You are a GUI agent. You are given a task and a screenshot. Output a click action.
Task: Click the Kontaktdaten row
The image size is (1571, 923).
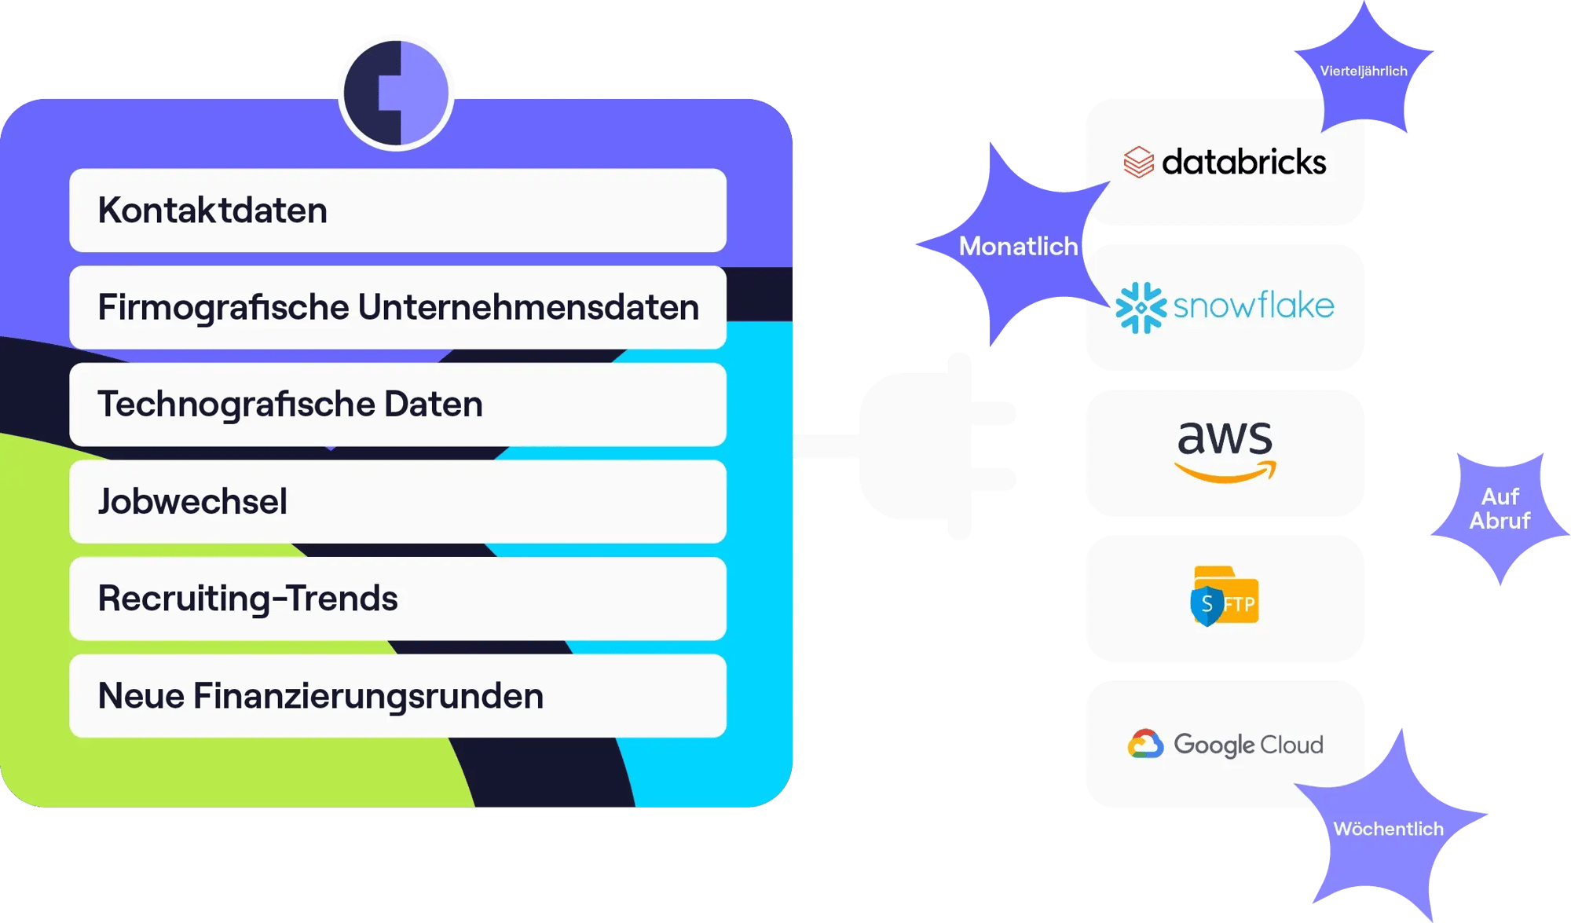point(397,211)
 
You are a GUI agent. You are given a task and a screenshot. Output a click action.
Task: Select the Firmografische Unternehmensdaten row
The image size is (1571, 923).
point(397,307)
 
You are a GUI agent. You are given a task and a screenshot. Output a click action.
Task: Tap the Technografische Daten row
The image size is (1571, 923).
point(397,405)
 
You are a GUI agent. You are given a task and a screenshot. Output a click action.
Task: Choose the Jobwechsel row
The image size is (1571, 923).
point(397,501)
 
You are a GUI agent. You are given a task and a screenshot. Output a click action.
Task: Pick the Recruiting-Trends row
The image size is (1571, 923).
point(397,599)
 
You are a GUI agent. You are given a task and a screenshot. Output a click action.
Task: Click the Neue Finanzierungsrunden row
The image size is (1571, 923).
point(397,696)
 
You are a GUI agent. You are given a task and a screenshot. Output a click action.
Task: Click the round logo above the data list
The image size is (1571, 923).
point(397,93)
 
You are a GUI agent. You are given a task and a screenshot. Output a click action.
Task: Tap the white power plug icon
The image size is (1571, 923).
point(935,446)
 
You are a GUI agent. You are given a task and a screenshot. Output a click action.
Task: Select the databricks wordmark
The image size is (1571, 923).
point(1243,163)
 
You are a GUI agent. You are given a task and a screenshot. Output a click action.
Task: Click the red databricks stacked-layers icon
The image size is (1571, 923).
point(1138,163)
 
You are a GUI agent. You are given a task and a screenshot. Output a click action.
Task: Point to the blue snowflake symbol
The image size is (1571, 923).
point(1141,307)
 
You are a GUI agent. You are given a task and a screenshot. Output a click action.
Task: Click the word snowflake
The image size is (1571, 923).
point(1254,306)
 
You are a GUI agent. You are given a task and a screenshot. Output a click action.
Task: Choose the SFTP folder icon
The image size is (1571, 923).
point(1225,596)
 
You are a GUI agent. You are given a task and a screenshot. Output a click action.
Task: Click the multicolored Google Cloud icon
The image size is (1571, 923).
point(1145,744)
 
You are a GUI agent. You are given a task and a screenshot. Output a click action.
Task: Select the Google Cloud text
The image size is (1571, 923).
point(1248,745)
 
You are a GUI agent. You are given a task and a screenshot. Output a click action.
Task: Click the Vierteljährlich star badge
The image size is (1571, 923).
point(1364,71)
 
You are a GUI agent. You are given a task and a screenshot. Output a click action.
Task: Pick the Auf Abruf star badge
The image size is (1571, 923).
point(1500,509)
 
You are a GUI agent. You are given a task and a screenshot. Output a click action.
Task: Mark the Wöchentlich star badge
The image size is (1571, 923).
point(1388,830)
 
